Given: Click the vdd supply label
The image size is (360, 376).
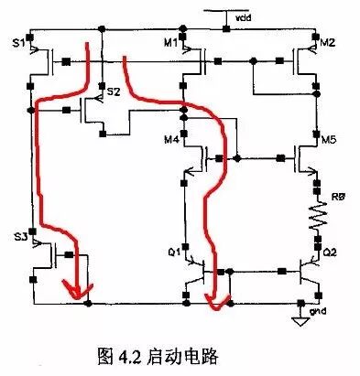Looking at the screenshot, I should pos(242,16).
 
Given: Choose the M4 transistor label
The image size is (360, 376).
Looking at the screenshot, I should pos(170,140).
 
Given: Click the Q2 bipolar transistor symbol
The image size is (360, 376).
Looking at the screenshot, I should pos(307,273).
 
